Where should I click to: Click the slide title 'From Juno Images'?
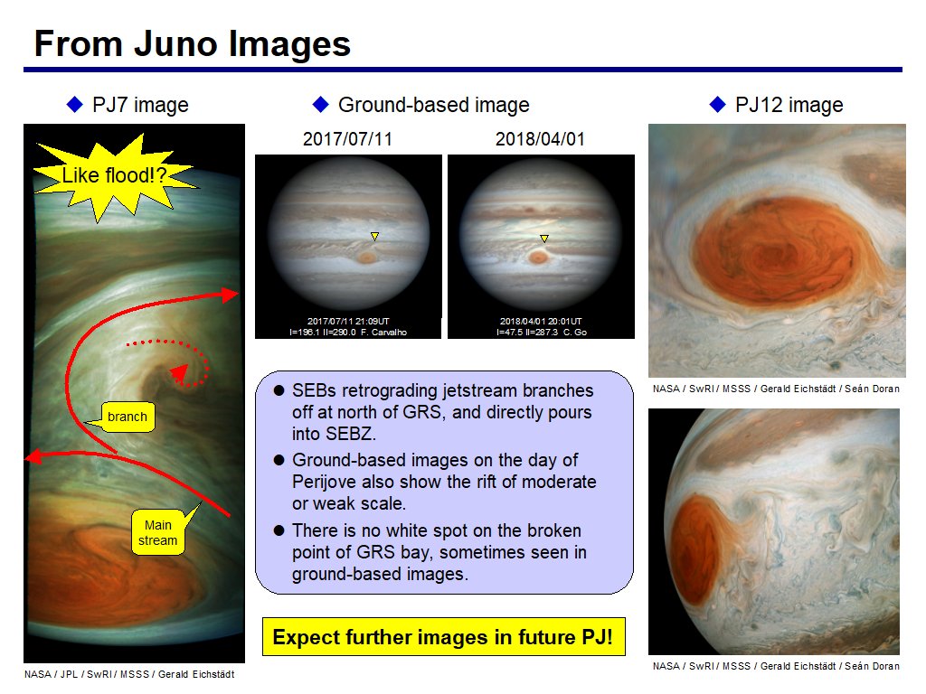point(193,43)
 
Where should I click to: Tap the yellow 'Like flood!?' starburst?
point(115,177)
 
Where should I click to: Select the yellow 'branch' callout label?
point(127,417)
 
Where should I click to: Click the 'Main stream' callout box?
point(157,532)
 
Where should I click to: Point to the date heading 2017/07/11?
point(347,139)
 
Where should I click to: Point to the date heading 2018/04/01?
point(540,139)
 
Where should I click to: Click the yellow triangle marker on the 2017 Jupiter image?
point(374,236)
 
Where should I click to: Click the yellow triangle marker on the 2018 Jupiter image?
point(544,239)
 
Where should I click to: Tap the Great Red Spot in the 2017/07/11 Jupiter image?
point(367,258)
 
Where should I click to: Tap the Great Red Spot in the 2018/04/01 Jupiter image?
point(537,257)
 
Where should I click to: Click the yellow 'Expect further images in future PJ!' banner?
point(443,637)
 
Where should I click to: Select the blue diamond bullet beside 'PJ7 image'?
point(75,105)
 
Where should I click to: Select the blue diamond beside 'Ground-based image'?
point(321,105)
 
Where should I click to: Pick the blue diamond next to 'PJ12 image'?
point(717,105)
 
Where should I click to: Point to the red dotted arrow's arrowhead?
point(180,373)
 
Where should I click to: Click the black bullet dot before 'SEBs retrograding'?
point(279,390)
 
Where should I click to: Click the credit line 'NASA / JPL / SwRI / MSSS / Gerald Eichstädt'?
point(129,674)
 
